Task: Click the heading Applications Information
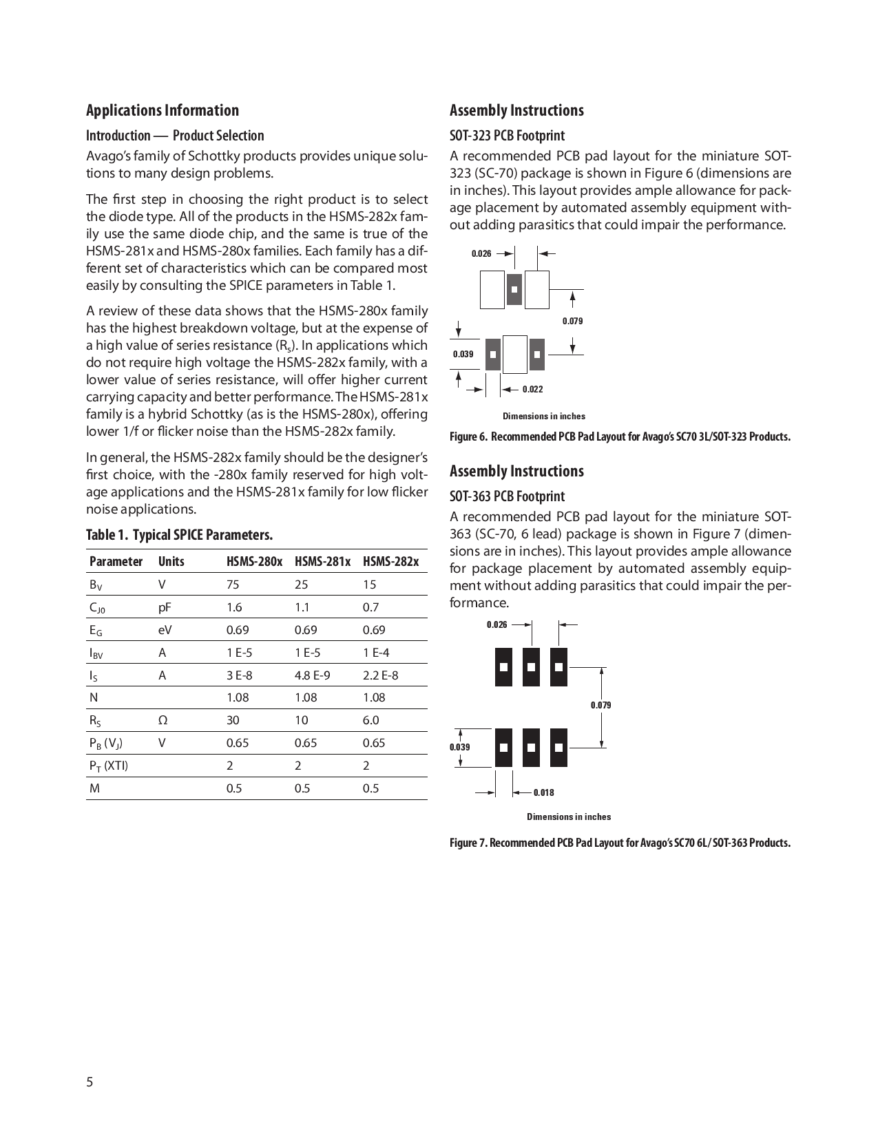[x=163, y=111]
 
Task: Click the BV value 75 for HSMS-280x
[x=233, y=585]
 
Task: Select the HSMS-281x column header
[x=322, y=561]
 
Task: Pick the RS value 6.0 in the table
[x=370, y=720]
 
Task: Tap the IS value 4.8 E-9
[x=312, y=675]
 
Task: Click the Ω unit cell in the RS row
[x=163, y=720]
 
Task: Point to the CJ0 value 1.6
[x=234, y=607]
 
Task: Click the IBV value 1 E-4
[x=375, y=653]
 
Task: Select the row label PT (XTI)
[x=108, y=766]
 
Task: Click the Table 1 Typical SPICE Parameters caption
[x=179, y=535]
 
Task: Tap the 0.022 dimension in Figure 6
[x=532, y=390]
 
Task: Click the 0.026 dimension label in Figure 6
[x=481, y=254]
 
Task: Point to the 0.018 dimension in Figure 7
[x=543, y=792]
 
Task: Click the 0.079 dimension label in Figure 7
[x=600, y=705]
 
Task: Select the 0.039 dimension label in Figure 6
[x=463, y=354]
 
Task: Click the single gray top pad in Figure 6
[x=514, y=289]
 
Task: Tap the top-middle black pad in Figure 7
[x=531, y=666]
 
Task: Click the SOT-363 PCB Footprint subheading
[x=507, y=496]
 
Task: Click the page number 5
[x=90, y=1082]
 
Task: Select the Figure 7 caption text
[x=620, y=843]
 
